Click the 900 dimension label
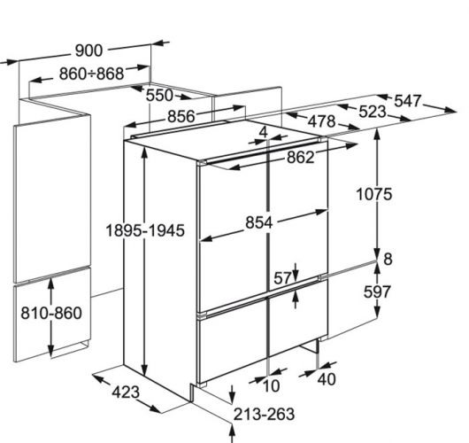(x=88, y=51)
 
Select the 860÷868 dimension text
(x=91, y=74)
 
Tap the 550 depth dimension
(x=159, y=96)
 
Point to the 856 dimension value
(x=181, y=116)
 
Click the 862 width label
(x=301, y=157)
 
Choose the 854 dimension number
(x=259, y=222)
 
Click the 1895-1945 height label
(x=145, y=230)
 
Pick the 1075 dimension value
(x=374, y=194)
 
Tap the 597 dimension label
(x=377, y=291)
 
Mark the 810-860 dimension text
(x=51, y=313)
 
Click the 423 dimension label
(x=126, y=392)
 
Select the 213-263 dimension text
(x=264, y=415)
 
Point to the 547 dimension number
(x=408, y=101)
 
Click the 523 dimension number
(x=373, y=112)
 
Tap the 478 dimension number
(x=321, y=121)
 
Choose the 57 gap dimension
(x=282, y=278)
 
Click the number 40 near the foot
(x=327, y=379)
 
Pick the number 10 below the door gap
(x=271, y=385)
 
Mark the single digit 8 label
(x=388, y=259)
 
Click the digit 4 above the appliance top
(x=263, y=132)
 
